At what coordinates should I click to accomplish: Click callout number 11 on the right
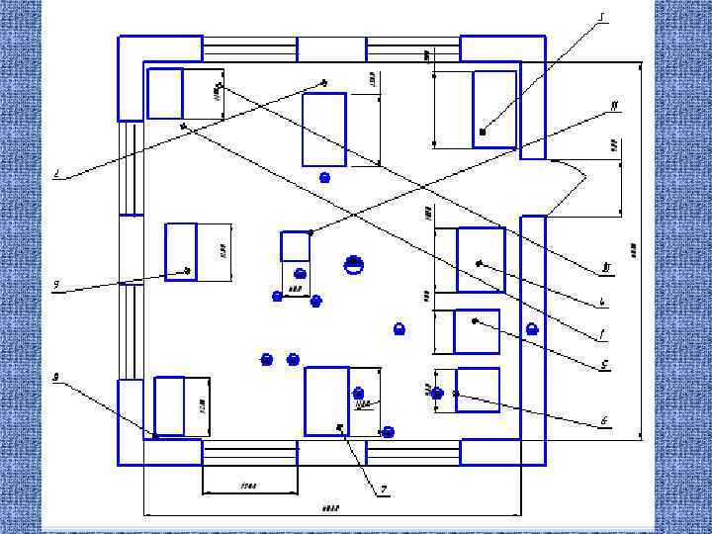(x=615, y=105)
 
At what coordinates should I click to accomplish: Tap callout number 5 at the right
(x=604, y=365)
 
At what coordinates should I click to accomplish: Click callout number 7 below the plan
(x=384, y=488)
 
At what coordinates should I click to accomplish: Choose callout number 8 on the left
(x=56, y=377)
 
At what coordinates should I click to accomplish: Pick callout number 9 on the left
(x=56, y=286)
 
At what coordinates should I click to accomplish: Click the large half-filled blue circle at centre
(x=354, y=264)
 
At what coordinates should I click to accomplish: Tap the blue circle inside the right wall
(x=532, y=328)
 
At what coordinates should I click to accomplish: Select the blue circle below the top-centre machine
(x=323, y=177)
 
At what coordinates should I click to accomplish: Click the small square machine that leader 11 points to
(x=296, y=245)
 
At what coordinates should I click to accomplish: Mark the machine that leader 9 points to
(x=181, y=251)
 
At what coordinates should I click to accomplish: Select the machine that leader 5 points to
(x=477, y=331)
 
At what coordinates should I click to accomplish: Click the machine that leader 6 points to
(x=478, y=390)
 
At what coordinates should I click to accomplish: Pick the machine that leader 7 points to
(x=326, y=400)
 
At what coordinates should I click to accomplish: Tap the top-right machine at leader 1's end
(x=494, y=109)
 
